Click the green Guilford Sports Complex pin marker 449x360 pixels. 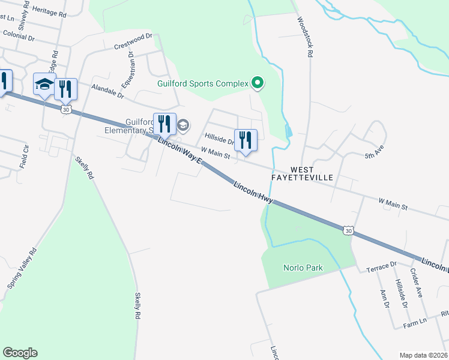click(x=258, y=83)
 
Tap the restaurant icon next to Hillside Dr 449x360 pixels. click(x=245, y=140)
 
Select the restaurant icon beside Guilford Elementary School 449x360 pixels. click(x=164, y=124)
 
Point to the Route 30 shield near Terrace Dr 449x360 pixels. click(x=348, y=229)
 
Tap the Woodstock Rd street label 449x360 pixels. click(x=304, y=37)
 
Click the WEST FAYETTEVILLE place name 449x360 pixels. click(x=312, y=175)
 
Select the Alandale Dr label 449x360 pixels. click(x=107, y=91)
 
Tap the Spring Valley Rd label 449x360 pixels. click(x=22, y=267)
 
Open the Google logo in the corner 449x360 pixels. click(x=20, y=353)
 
